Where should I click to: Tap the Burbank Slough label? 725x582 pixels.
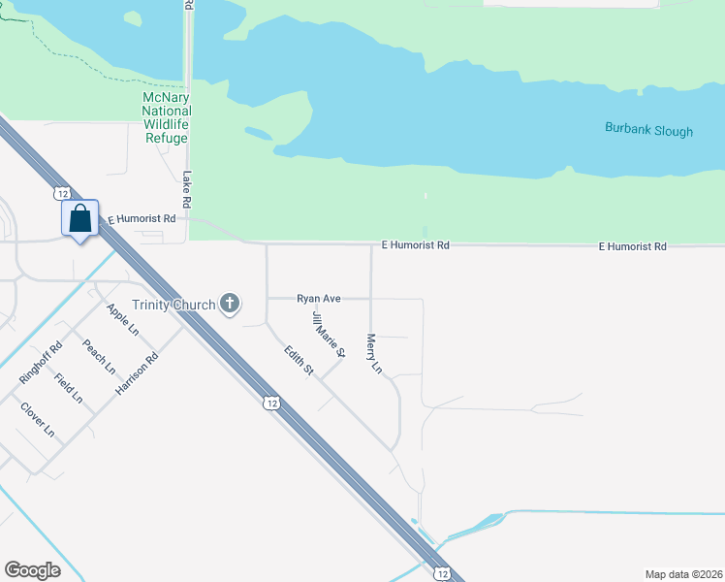click(648, 129)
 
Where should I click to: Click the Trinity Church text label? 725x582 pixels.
click(174, 305)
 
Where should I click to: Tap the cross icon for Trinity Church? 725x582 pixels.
click(230, 305)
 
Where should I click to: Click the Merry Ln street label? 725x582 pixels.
click(374, 354)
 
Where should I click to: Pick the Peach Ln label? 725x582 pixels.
click(99, 356)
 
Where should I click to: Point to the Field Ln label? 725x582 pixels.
click(69, 389)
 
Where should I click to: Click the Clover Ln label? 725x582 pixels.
click(37, 420)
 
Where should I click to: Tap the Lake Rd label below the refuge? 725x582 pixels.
click(188, 190)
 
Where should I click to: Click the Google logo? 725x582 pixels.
click(32, 570)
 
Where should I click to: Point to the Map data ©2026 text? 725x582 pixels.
click(682, 573)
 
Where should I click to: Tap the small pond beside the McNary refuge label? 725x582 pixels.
click(259, 133)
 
